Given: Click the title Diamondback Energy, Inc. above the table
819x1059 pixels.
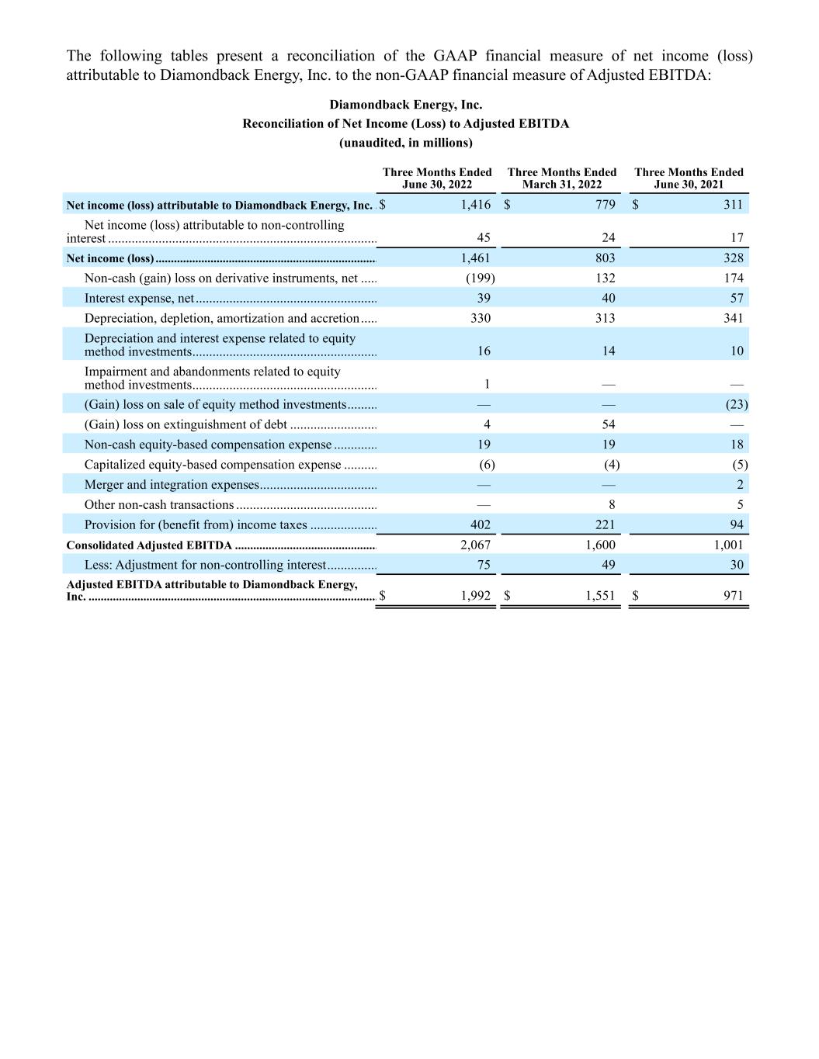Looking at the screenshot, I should click(405, 105).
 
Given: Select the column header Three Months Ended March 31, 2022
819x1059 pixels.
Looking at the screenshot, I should click(561, 178).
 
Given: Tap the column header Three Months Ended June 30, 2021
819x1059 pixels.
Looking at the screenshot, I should click(689, 178).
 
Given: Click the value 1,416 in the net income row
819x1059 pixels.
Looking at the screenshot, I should click(475, 205).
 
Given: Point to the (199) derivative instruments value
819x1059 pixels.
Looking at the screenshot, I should click(480, 278).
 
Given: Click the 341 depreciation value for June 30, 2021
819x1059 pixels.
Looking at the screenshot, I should click(732, 318).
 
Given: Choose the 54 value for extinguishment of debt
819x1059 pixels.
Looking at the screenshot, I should click(608, 424).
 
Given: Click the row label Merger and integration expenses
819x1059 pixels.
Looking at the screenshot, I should click(172, 485).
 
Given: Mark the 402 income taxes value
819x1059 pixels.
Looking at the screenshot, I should click(481, 525).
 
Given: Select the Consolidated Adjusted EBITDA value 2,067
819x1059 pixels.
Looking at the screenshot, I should click(475, 545).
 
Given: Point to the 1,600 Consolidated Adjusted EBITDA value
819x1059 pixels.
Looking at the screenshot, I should click(600, 545).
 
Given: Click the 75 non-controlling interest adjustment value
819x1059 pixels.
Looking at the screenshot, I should click(484, 565).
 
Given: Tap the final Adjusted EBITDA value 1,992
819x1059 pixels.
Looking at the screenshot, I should click(475, 597).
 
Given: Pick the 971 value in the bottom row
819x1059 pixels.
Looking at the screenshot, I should click(732, 597).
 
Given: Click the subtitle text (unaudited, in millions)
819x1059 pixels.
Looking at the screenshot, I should click(405, 143).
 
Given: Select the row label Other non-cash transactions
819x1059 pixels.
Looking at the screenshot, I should click(159, 505).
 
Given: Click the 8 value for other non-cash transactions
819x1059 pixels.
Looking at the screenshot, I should click(612, 505).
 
